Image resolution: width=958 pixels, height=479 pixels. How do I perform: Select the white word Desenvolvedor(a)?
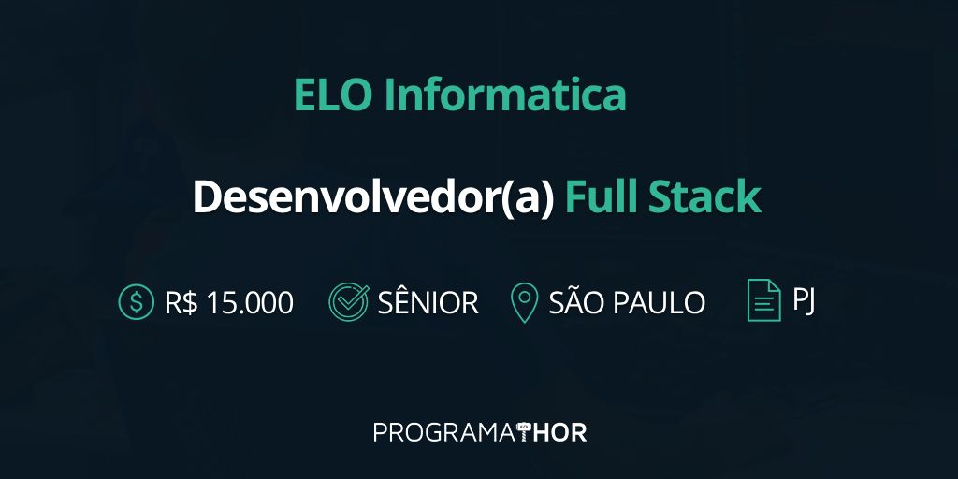point(373,198)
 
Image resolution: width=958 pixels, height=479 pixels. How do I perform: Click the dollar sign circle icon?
point(137,302)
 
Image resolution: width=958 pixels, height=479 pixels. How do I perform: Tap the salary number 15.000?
point(250,302)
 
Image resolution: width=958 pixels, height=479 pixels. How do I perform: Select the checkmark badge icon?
point(348,302)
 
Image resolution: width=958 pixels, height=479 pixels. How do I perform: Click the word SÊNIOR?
point(428,302)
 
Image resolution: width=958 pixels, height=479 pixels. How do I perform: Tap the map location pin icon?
point(524,303)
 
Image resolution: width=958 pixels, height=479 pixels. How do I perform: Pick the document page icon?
point(763,300)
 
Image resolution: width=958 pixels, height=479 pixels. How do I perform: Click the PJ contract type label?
point(804,300)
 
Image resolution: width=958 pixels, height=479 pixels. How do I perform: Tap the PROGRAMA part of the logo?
point(444,432)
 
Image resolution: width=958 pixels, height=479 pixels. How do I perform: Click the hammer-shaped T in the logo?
point(525,432)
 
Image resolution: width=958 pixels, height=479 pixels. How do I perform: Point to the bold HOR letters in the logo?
point(559,432)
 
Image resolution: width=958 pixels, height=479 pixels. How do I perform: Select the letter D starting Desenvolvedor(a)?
point(205,198)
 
